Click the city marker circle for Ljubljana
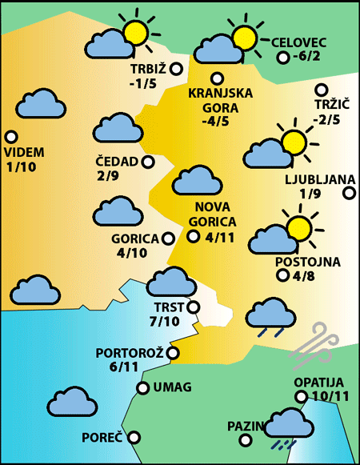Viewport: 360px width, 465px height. coord(349,193)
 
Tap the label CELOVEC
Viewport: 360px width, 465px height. coord(300,42)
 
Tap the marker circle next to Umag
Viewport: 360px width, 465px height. coord(142,388)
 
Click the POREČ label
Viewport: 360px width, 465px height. coord(102,438)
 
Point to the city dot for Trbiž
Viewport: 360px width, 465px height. coord(176,70)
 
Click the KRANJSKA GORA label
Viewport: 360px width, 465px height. coord(220,99)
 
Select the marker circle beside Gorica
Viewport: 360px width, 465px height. coord(168,238)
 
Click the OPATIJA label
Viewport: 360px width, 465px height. coord(318,383)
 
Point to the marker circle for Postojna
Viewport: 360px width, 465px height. coord(282,276)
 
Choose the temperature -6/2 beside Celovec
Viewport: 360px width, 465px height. coord(307,57)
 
